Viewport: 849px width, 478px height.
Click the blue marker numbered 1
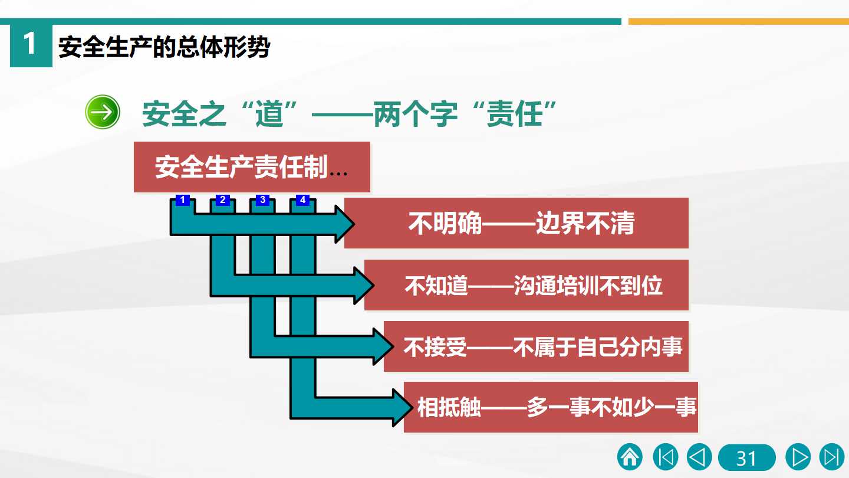183,200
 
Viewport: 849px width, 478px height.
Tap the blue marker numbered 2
222,200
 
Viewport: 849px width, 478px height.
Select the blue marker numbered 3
263,200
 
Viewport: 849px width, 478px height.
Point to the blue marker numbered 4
302,200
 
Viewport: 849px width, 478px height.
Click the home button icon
630,457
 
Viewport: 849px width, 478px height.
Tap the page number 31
746,457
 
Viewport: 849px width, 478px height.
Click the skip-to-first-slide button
666,457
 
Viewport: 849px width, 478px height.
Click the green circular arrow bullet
103,112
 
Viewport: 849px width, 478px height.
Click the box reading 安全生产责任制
252,167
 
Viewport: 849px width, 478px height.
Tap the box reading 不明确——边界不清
516,223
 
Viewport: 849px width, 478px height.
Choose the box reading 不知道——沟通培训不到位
526,285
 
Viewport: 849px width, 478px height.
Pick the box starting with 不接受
537,346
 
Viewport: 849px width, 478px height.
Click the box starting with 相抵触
551,407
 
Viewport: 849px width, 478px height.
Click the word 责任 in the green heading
514,114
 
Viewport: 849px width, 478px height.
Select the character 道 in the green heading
269,114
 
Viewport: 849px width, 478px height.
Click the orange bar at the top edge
739,22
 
